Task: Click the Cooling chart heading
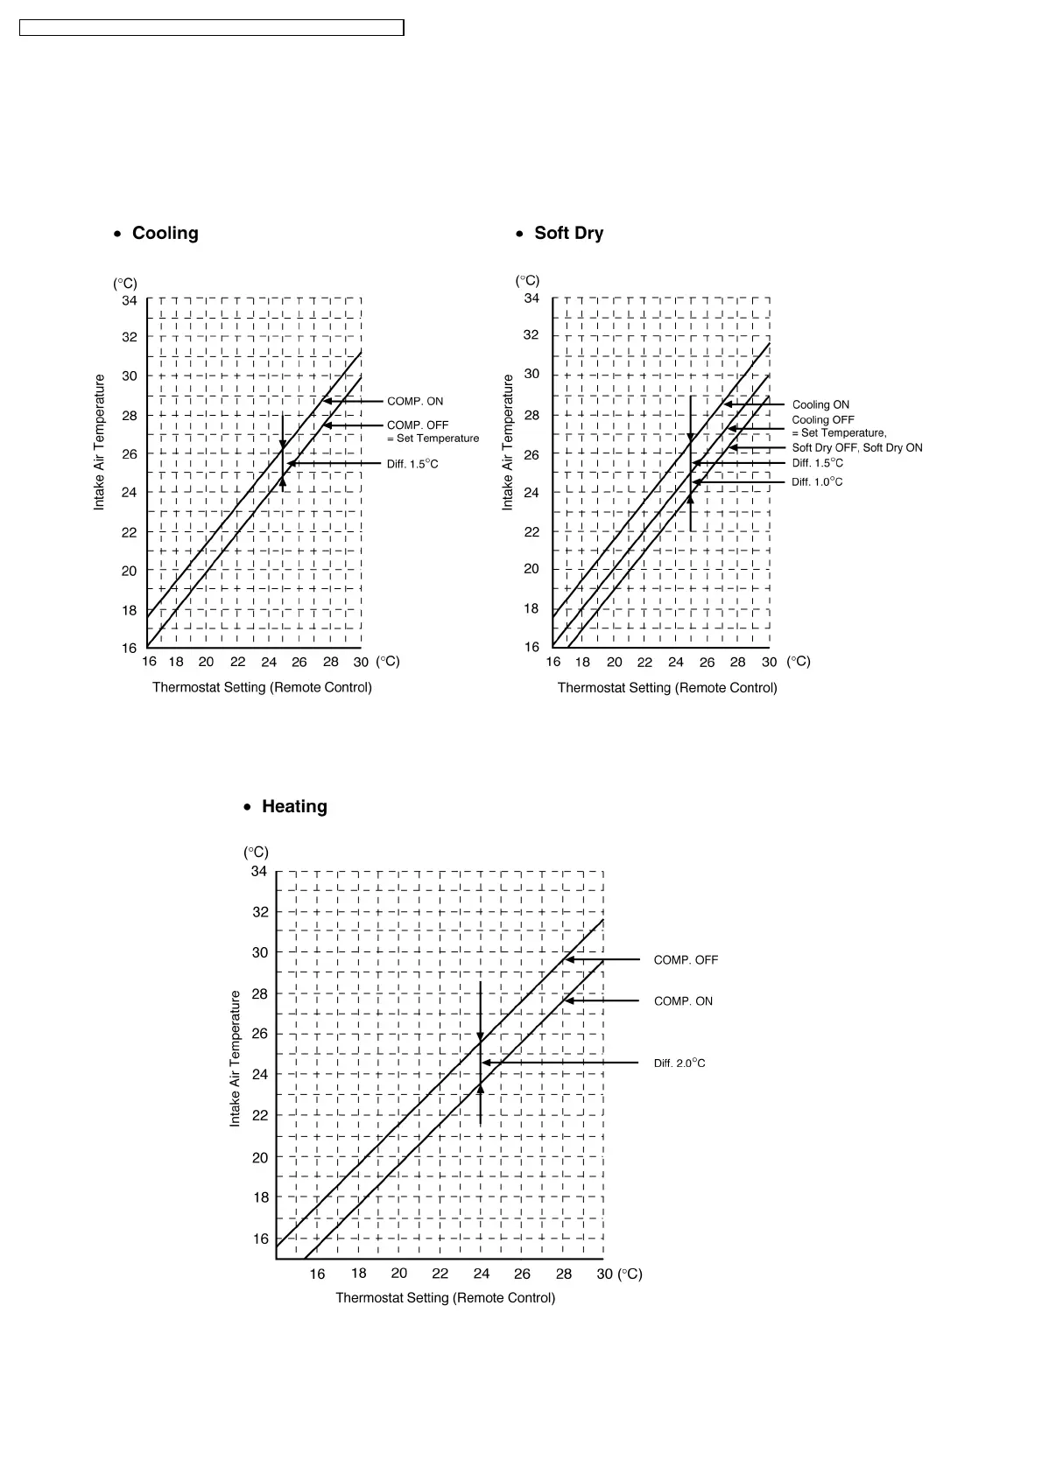165,233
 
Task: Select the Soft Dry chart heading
568,233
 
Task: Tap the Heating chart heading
294,806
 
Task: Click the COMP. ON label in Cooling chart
415,401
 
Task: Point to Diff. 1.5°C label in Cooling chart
412,464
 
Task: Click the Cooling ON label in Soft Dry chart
820,404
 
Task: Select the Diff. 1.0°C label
817,482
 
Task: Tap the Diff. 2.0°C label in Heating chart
679,1063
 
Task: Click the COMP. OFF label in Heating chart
686,960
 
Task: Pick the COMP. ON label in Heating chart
683,1001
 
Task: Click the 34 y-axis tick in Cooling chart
130,300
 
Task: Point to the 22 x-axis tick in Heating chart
440,1274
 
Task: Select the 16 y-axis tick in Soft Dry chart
532,647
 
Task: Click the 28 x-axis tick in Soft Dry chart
738,662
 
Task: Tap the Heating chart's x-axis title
445,1297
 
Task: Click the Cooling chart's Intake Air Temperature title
100,442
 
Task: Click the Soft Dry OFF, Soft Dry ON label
857,448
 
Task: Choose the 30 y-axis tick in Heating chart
260,952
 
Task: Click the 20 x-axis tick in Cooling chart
206,662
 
